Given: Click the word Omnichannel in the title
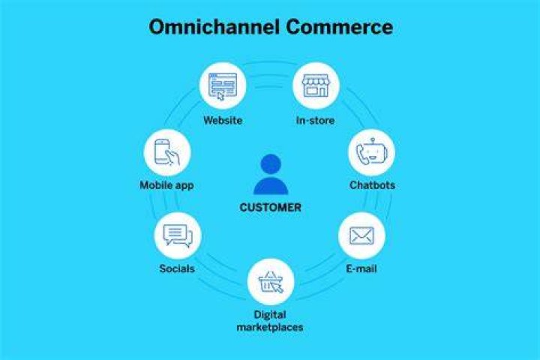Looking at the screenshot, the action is [x=214, y=27].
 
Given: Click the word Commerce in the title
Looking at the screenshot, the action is [x=340, y=27].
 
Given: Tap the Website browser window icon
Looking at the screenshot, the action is [x=223, y=85].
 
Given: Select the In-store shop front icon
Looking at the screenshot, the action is [x=316, y=85].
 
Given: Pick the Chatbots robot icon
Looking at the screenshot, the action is [x=371, y=152].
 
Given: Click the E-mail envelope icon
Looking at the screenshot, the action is [x=361, y=235].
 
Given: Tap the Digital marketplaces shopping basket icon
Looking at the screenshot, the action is [x=271, y=282].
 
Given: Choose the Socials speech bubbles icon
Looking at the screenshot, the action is [x=178, y=235].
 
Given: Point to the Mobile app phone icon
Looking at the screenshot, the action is [x=167, y=152].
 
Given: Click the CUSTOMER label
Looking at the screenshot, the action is [x=270, y=208].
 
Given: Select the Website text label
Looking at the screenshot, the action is [x=223, y=121].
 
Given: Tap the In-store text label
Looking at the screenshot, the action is [x=316, y=121].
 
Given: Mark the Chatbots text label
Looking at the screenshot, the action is [x=372, y=185].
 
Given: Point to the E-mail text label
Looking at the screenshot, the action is [x=361, y=268].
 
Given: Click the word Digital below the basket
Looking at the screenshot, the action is [x=270, y=315].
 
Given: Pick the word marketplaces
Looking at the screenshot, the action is [x=270, y=327].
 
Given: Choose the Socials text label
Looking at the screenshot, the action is [x=177, y=268].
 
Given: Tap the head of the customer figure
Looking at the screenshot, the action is [x=271, y=164].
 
